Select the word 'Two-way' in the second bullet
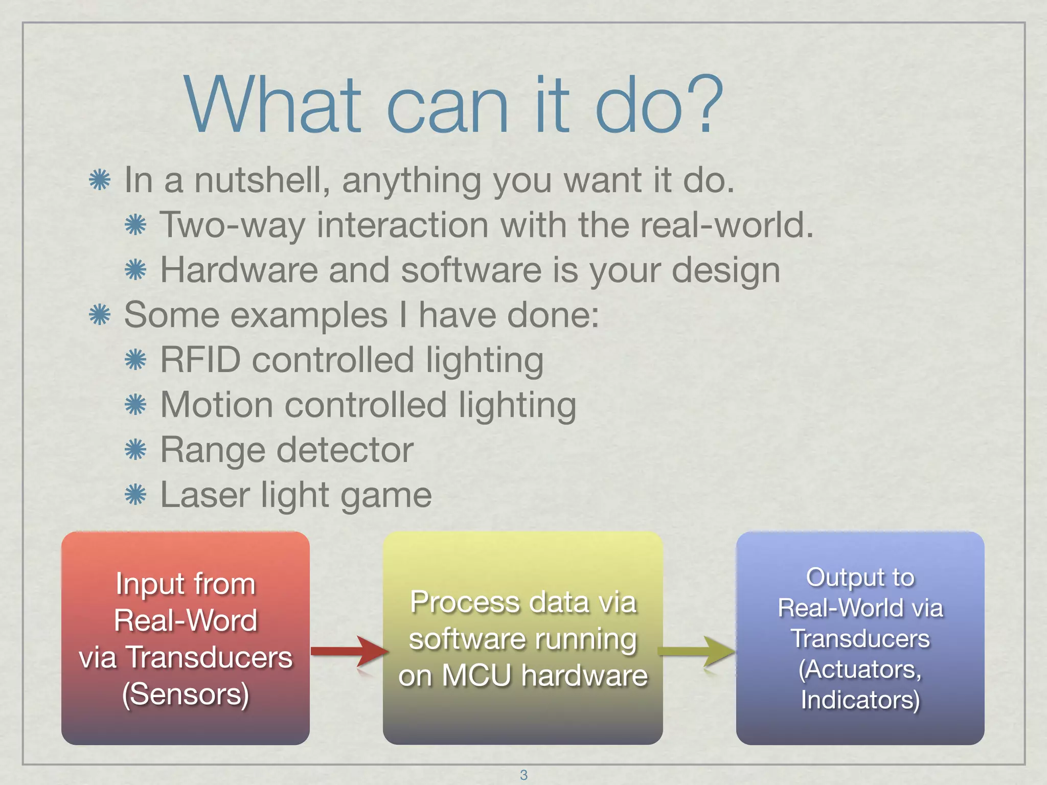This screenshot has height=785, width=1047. (232, 225)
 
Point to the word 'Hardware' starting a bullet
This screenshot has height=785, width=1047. (239, 270)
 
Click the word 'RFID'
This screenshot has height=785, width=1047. (200, 360)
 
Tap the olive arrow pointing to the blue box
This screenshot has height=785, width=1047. (698, 651)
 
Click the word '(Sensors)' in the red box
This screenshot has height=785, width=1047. (186, 694)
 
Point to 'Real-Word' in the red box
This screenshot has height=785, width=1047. (186, 620)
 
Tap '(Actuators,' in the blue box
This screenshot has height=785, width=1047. (860, 669)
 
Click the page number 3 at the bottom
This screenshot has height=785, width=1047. (523, 775)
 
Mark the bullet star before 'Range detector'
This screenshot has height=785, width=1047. (135, 450)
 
